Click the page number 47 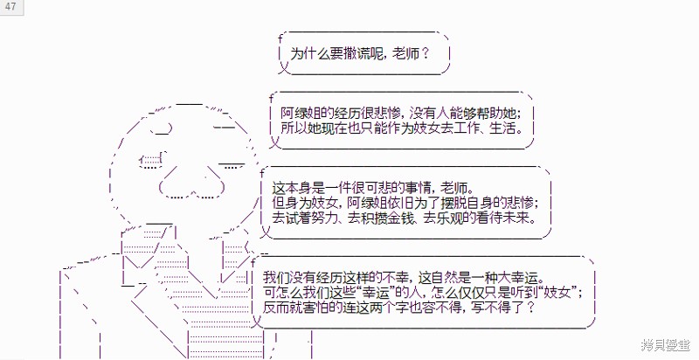[10, 6]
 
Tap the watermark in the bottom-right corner [666, 344]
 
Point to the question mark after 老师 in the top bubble [425, 54]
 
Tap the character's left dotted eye [150, 161]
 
